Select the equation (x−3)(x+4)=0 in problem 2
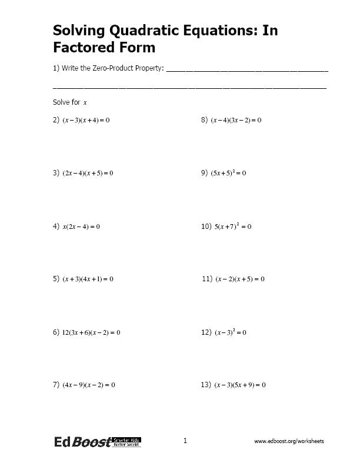86,120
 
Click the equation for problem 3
87,173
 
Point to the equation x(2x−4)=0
81,227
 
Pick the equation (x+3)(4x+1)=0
88,279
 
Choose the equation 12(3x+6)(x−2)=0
91,332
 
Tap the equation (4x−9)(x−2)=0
88,385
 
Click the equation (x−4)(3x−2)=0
235,120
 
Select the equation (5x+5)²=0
228,173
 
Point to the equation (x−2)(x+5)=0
240,279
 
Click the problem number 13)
206,385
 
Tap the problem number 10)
206,227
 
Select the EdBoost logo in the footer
97,442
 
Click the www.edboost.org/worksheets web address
289,441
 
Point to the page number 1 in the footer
185,440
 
